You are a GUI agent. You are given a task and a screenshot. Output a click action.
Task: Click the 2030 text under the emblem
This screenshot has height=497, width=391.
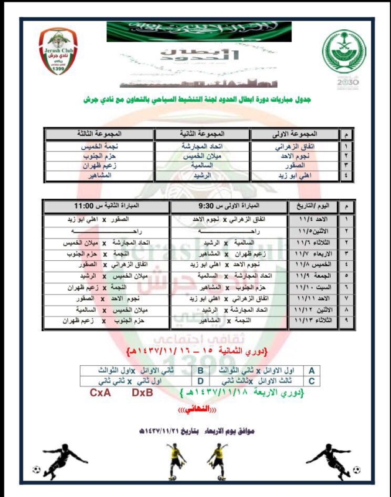click(x=344, y=81)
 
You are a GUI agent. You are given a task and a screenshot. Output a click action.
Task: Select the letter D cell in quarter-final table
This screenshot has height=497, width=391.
click(x=201, y=380)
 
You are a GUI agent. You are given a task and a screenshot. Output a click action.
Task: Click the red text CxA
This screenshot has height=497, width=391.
click(x=101, y=393)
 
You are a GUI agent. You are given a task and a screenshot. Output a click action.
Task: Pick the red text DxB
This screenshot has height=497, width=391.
click(x=143, y=393)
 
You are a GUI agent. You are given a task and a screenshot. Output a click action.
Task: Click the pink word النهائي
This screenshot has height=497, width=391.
click(x=194, y=411)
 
